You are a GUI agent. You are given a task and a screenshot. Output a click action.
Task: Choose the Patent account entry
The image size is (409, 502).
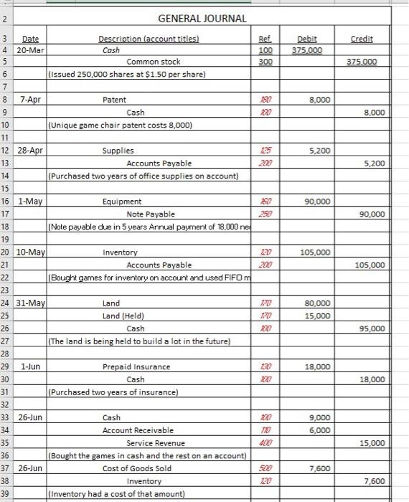pyautogui.click(x=115, y=100)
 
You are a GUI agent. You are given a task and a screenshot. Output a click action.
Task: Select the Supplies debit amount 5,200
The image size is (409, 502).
pyautogui.click(x=319, y=151)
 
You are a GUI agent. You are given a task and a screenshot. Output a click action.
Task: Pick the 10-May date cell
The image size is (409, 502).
pyautogui.click(x=32, y=252)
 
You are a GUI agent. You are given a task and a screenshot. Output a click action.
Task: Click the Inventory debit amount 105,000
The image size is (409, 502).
pyautogui.click(x=316, y=252)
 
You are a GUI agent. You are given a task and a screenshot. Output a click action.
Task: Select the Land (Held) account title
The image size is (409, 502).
pyautogui.click(x=123, y=316)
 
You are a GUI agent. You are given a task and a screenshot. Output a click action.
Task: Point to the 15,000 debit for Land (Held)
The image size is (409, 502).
pyautogui.click(x=318, y=316)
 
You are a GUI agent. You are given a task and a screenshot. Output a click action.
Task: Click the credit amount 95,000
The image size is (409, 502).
pyautogui.click(x=372, y=328)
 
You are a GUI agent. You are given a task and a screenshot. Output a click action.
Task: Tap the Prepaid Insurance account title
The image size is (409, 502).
pyautogui.click(x=136, y=366)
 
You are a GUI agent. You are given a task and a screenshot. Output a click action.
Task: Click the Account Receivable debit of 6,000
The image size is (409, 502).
pyautogui.click(x=319, y=430)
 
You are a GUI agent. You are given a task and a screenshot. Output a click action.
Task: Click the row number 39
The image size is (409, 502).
pyautogui.click(x=5, y=493)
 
